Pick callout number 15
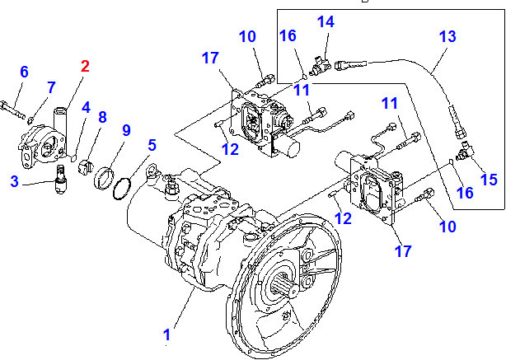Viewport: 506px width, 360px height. point(488,179)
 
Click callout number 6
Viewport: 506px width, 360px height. point(24,72)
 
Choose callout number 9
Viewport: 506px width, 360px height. point(51,86)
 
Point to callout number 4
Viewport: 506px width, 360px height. point(85,106)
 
